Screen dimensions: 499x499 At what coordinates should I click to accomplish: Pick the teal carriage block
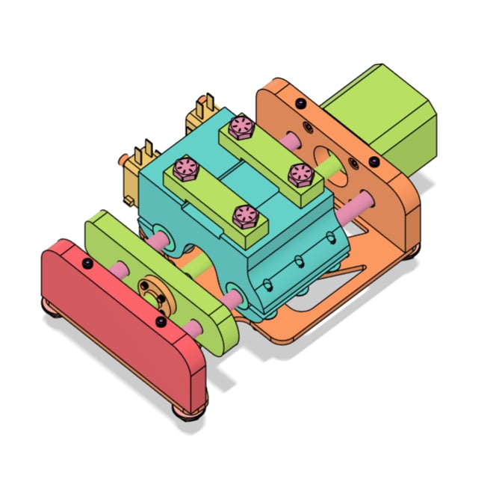[291, 247]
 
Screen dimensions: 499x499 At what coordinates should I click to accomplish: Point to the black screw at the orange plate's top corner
[300, 102]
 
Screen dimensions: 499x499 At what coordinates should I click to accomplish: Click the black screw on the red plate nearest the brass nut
[161, 321]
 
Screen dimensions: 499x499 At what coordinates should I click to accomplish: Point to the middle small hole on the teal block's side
[298, 261]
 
